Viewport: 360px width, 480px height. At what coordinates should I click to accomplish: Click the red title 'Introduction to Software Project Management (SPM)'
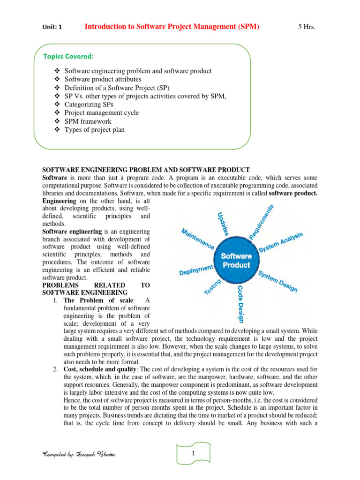pyautogui.click(x=172, y=27)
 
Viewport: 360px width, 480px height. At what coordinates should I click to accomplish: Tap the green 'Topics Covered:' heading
pyautogui.click(x=68, y=56)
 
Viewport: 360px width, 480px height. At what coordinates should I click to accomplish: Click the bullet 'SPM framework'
pyautogui.click(x=88, y=121)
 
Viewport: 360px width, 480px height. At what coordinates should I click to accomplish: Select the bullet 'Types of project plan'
pyautogui.click(x=94, y=129)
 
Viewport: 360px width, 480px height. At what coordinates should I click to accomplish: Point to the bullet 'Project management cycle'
pyautogui.click(x=101, y=112)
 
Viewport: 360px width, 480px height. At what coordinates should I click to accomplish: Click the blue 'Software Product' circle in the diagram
pyautogui.click(x=236, y=261)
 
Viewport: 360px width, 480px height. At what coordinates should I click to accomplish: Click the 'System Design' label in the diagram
pyautogui.click(x=278, y=282)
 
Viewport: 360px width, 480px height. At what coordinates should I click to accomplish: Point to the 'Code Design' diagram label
pyautogui.click(x=240, y=304)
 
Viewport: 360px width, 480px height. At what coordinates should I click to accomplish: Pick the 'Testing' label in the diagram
pyautogui.click(x=212, y=286)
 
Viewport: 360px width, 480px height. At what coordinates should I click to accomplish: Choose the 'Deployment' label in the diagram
pyautogui.click(x=196, y=269)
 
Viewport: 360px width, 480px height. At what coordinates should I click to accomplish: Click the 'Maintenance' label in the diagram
pyautogui.click(x=198, y=239)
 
